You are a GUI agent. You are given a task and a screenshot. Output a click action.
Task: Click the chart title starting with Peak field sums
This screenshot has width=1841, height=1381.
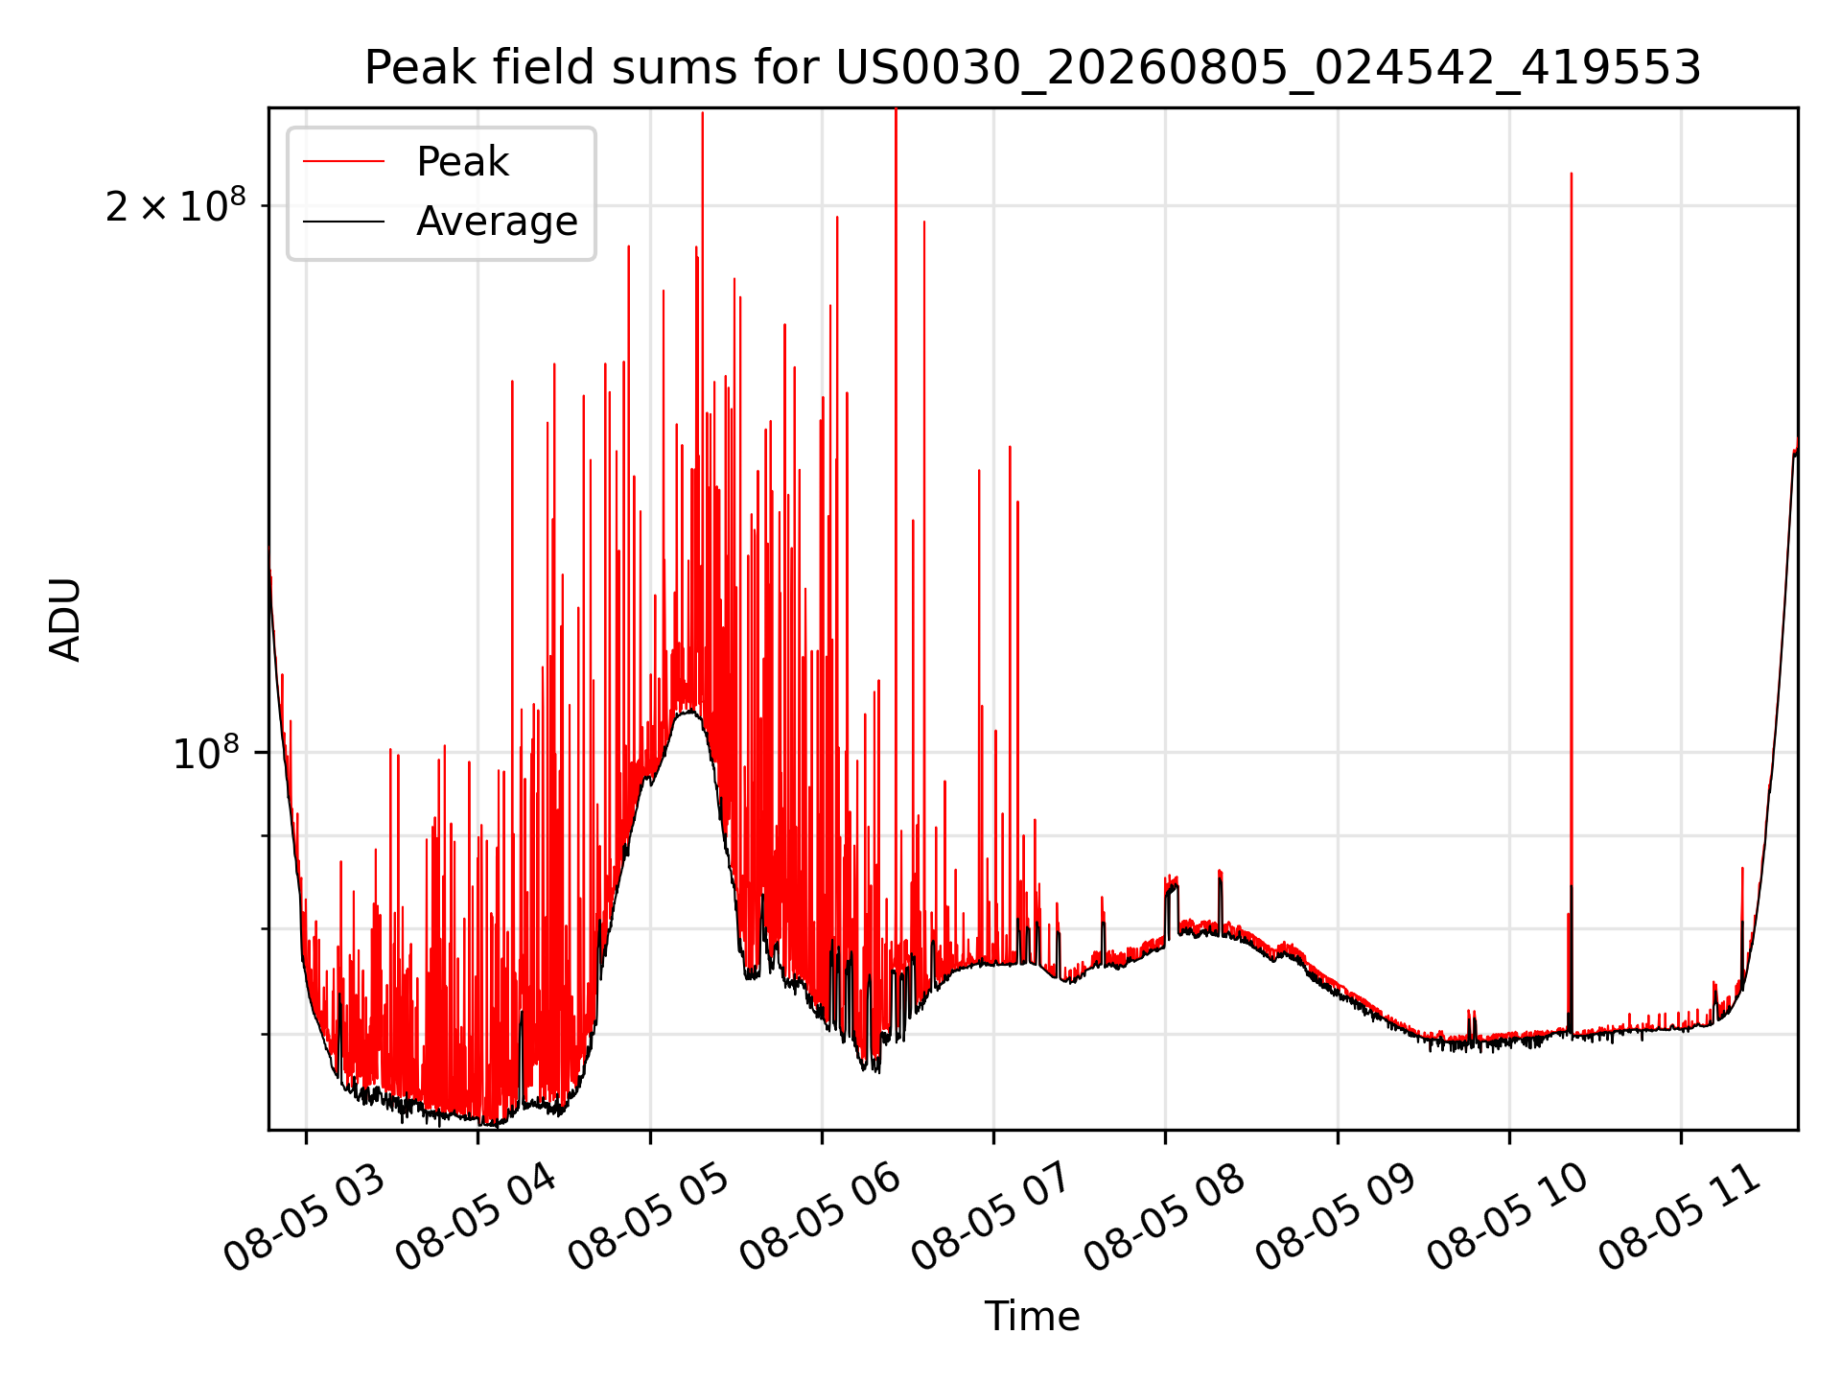click(x=1033, y=68)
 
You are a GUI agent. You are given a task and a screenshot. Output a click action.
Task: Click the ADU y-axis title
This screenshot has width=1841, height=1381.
click(x=65, y=620)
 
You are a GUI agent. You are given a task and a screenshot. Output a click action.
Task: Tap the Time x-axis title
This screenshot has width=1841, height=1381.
click(x=1033, y=1317)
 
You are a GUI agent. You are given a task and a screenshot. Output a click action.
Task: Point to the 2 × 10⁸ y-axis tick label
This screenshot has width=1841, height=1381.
click(x=175, y=205)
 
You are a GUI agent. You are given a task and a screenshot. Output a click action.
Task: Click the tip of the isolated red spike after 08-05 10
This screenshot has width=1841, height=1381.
click(x=1571, y=174)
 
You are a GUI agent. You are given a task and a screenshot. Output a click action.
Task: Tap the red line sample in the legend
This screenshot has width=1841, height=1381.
click(x=343, y=162)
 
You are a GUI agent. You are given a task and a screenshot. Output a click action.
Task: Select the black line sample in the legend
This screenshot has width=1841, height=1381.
click(x=343, y=222)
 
